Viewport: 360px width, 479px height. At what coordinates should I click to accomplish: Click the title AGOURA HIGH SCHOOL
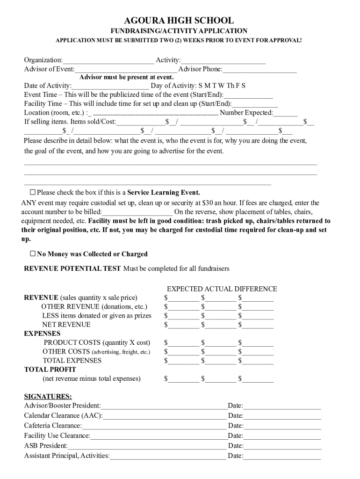(179, 21)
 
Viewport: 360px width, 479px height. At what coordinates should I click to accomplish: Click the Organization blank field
(108, 60)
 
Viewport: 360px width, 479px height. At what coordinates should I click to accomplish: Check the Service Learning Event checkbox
(33, 192)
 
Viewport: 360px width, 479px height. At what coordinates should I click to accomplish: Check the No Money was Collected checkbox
(33, 254)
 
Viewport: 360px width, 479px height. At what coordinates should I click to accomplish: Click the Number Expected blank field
(285, 113)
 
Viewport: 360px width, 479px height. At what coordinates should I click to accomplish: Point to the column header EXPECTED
(185, 289)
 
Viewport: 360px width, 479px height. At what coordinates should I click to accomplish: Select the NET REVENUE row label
(66, 325)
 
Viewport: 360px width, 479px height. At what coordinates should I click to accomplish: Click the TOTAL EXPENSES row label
(72, 361)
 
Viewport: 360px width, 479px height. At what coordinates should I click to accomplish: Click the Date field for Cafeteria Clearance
(282, 426)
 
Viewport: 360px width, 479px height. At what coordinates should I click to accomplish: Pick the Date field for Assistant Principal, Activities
(282, 456)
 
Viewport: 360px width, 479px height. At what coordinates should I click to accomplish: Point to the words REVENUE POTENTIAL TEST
(72, 269)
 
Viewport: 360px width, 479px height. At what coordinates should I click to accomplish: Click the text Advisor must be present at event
(126, 77)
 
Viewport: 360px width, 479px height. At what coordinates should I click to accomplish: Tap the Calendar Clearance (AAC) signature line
(165, 416)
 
